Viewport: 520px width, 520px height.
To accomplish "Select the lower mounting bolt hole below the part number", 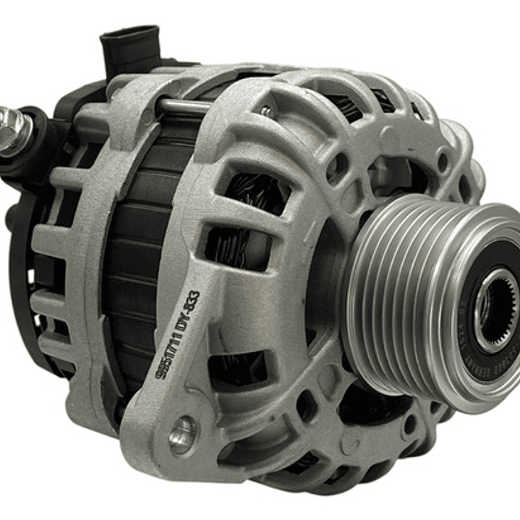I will click(182, 434).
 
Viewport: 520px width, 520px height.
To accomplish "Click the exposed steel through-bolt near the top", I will click(184, 107).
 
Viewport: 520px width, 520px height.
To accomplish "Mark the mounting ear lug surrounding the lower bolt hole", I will click(166, 441).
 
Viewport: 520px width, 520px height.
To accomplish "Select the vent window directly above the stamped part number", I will click(231, 246).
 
